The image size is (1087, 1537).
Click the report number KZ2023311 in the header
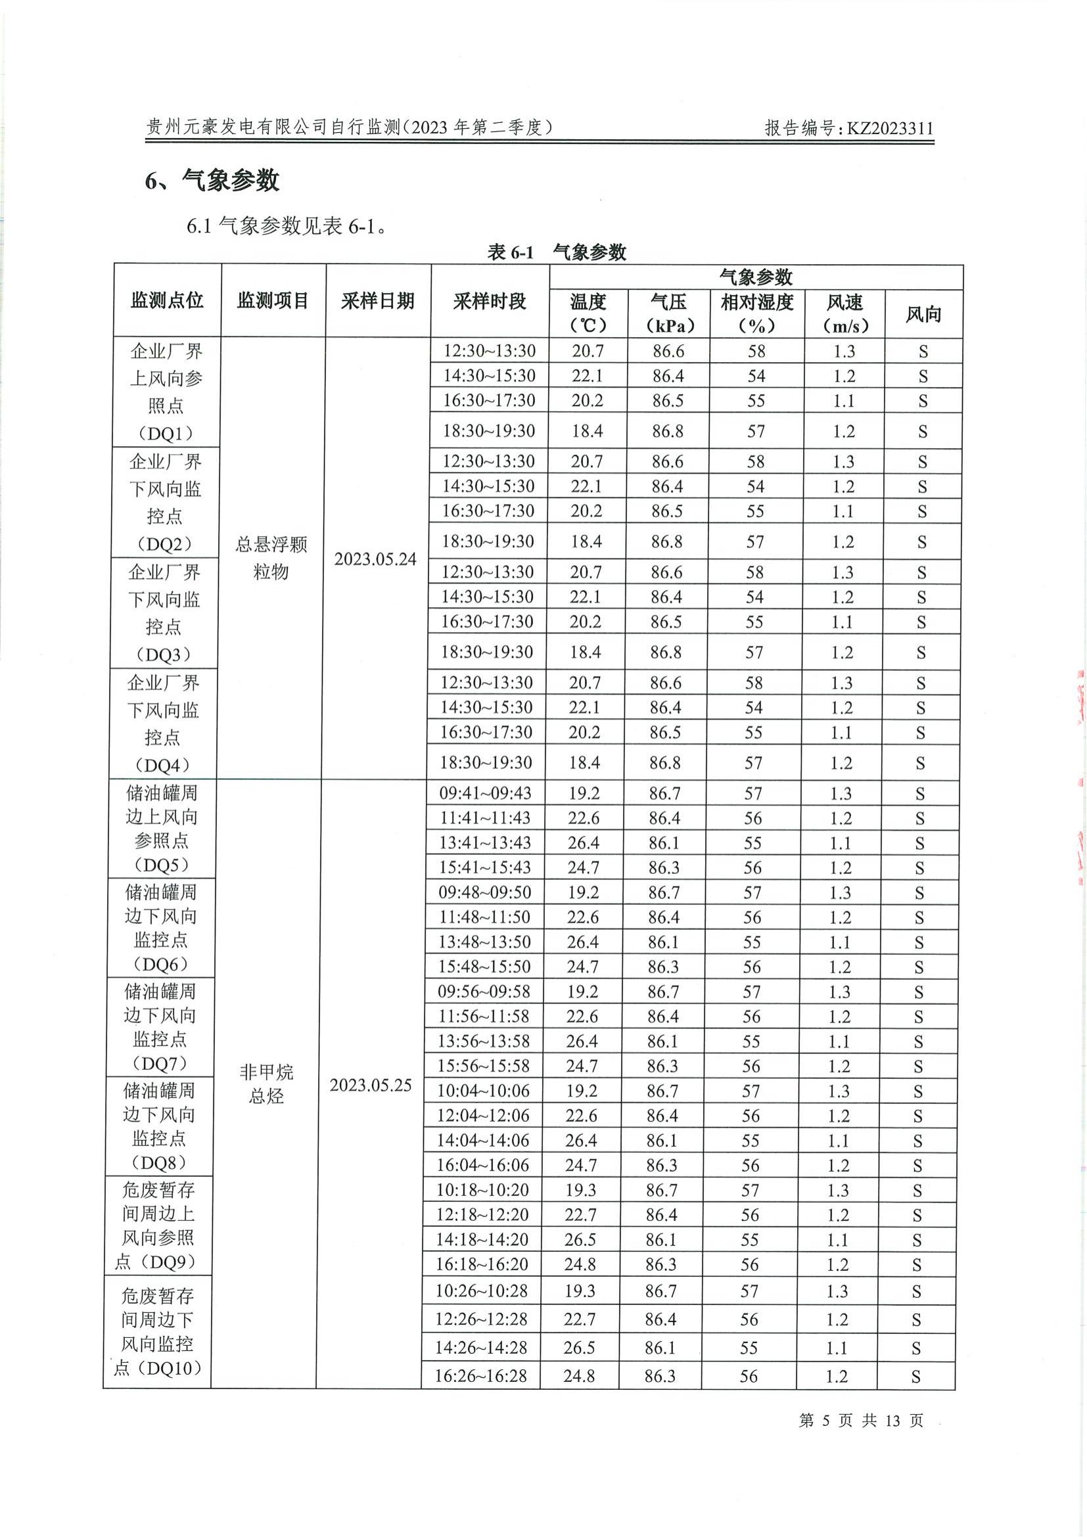890,128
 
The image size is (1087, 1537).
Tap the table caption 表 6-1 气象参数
556,252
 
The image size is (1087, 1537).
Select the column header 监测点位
167,300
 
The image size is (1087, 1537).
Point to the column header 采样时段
490,301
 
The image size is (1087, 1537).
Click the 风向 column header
923,314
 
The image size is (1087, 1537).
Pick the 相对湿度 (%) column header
756,313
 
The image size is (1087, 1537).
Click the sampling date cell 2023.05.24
375,559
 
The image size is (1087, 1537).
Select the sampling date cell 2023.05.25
370,1085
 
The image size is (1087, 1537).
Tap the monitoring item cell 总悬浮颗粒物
271,558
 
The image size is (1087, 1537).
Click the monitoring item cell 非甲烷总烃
266,1084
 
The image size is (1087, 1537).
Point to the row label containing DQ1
166,392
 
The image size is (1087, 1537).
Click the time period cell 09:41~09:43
485,793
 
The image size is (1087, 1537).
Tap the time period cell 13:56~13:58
484,1041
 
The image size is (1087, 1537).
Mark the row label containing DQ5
161,829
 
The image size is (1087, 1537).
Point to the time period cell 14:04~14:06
482,1140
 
